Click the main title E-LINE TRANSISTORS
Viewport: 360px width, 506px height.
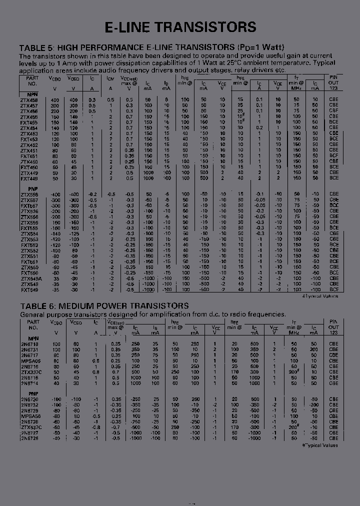[180, 27]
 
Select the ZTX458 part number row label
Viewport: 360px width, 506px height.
[29, 100]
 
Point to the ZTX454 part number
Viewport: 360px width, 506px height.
[29, 128]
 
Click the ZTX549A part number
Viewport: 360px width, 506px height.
[31, 278]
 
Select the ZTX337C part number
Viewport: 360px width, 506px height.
[30, 372]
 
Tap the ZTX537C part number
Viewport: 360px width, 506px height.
[31, 427]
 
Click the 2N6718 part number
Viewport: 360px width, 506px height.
[29, 344]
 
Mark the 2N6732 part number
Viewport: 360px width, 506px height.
[29, 404]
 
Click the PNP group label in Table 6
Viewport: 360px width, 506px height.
[26, 393]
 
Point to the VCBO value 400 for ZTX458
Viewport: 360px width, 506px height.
[54, 100]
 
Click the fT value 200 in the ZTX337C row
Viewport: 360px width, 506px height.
[293, 372]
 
